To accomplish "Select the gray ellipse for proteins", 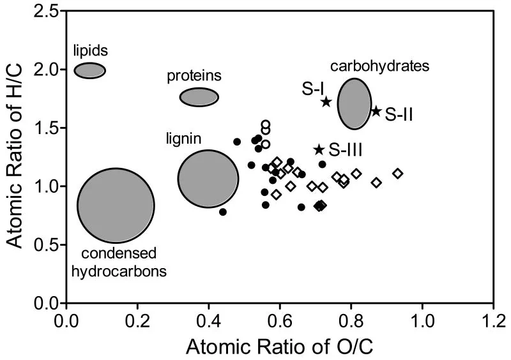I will click(x=199, y=97).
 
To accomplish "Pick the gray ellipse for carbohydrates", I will click(x=354, y=103).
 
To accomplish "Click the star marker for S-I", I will click(x=326, y=101).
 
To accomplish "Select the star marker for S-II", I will click(x=376, y=112).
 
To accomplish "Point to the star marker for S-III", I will click(x=319, y=149).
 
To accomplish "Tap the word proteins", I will click(x=194, y=76).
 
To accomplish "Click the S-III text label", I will click(x=346, y=150).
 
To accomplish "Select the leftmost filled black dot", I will click(x=223, y=211).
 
